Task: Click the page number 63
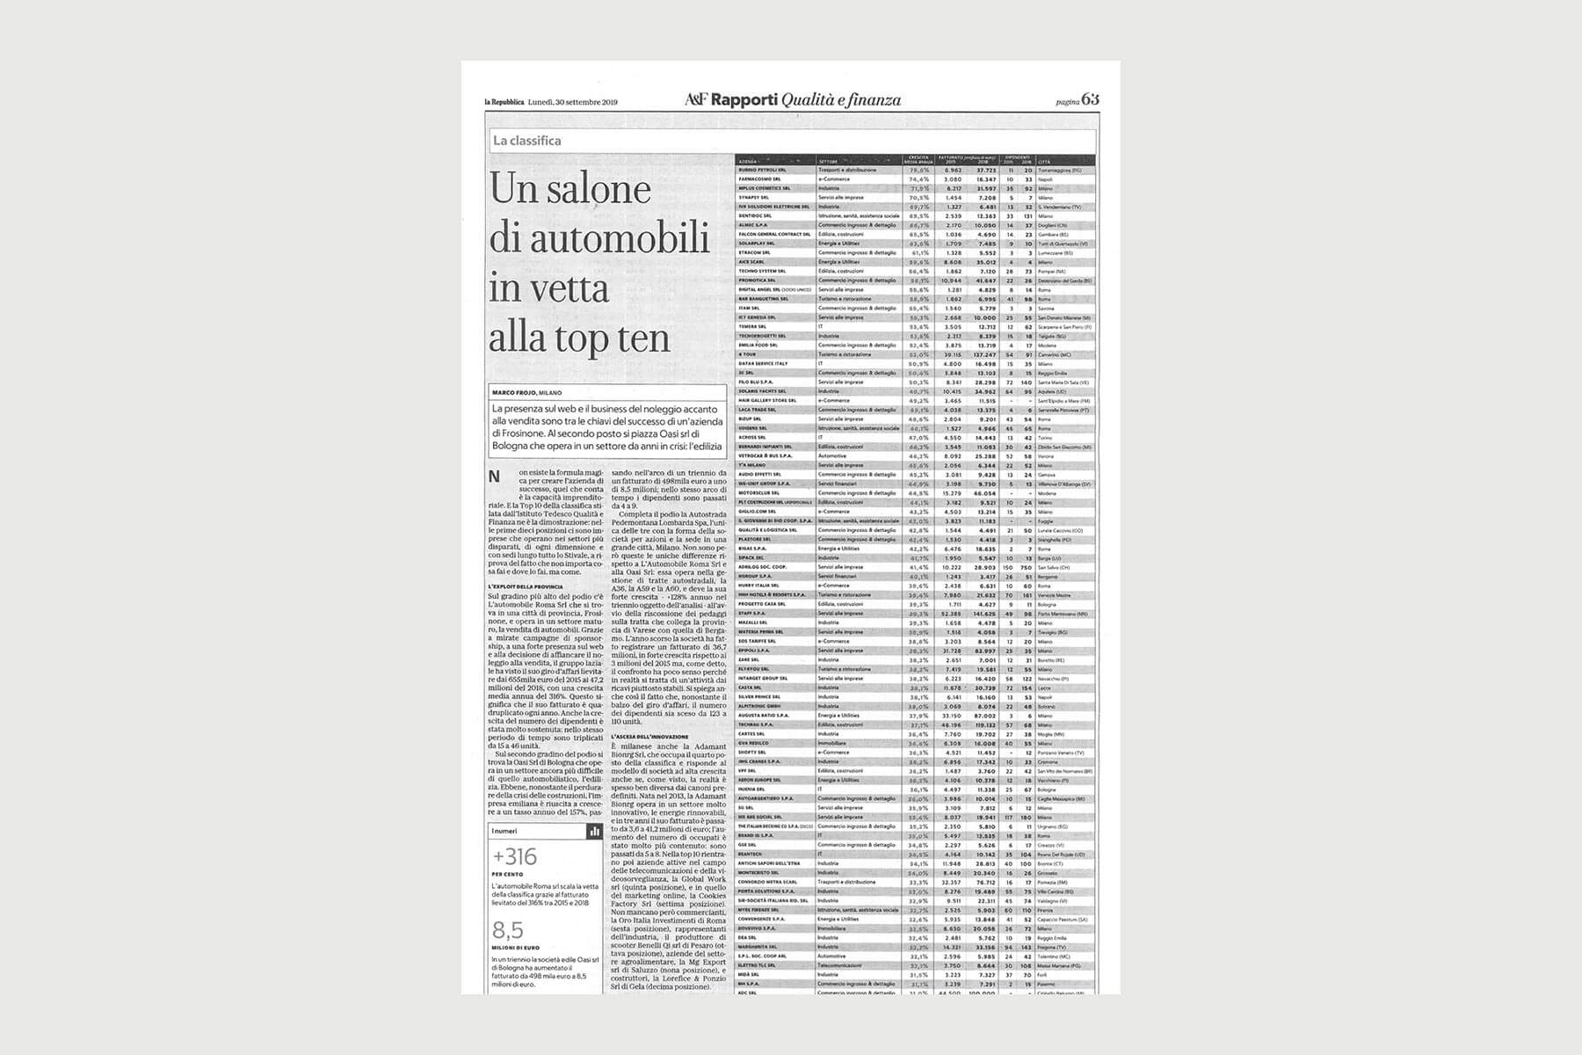1091,99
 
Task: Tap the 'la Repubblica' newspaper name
504,102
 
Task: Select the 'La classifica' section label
526,141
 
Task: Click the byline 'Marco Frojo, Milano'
526,393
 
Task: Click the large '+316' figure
515,856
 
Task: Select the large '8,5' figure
508,930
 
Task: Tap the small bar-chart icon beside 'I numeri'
594,831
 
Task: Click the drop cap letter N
495,477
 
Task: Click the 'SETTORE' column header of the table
828,163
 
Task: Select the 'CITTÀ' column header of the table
1044,163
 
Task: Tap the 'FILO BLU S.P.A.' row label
755,382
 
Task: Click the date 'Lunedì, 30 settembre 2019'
572,102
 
